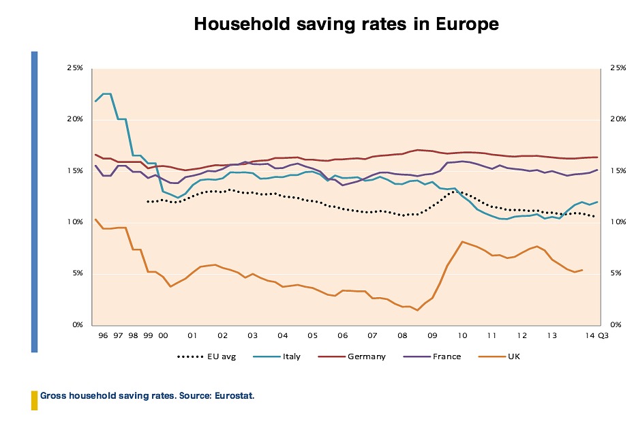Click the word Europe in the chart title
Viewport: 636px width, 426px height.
point(464,25)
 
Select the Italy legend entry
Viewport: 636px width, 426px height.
point(291,356)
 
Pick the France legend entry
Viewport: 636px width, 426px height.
point(446,356)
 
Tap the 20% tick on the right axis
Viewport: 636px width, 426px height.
point(618,119)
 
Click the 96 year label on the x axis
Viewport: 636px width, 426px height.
point(103,336)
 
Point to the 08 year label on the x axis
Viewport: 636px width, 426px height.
point(402,336)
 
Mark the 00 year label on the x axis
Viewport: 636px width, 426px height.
point(163,336)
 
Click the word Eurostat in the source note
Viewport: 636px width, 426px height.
point(234,395)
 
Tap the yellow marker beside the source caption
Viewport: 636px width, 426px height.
point(34,400)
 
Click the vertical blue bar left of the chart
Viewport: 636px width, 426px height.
point(34,202)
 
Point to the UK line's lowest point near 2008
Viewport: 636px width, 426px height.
point(417,310)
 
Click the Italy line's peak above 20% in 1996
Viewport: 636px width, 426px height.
point(106,94)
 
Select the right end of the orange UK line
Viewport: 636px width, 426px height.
point(582,270)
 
